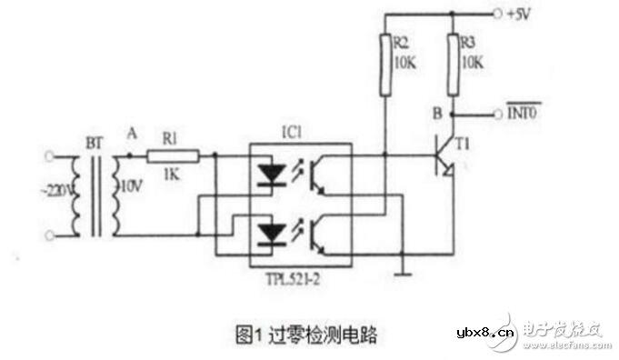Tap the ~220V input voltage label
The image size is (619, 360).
[x=50, y=192]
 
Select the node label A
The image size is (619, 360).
[x=132, y=133]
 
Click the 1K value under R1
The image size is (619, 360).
[x=172, y=173]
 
